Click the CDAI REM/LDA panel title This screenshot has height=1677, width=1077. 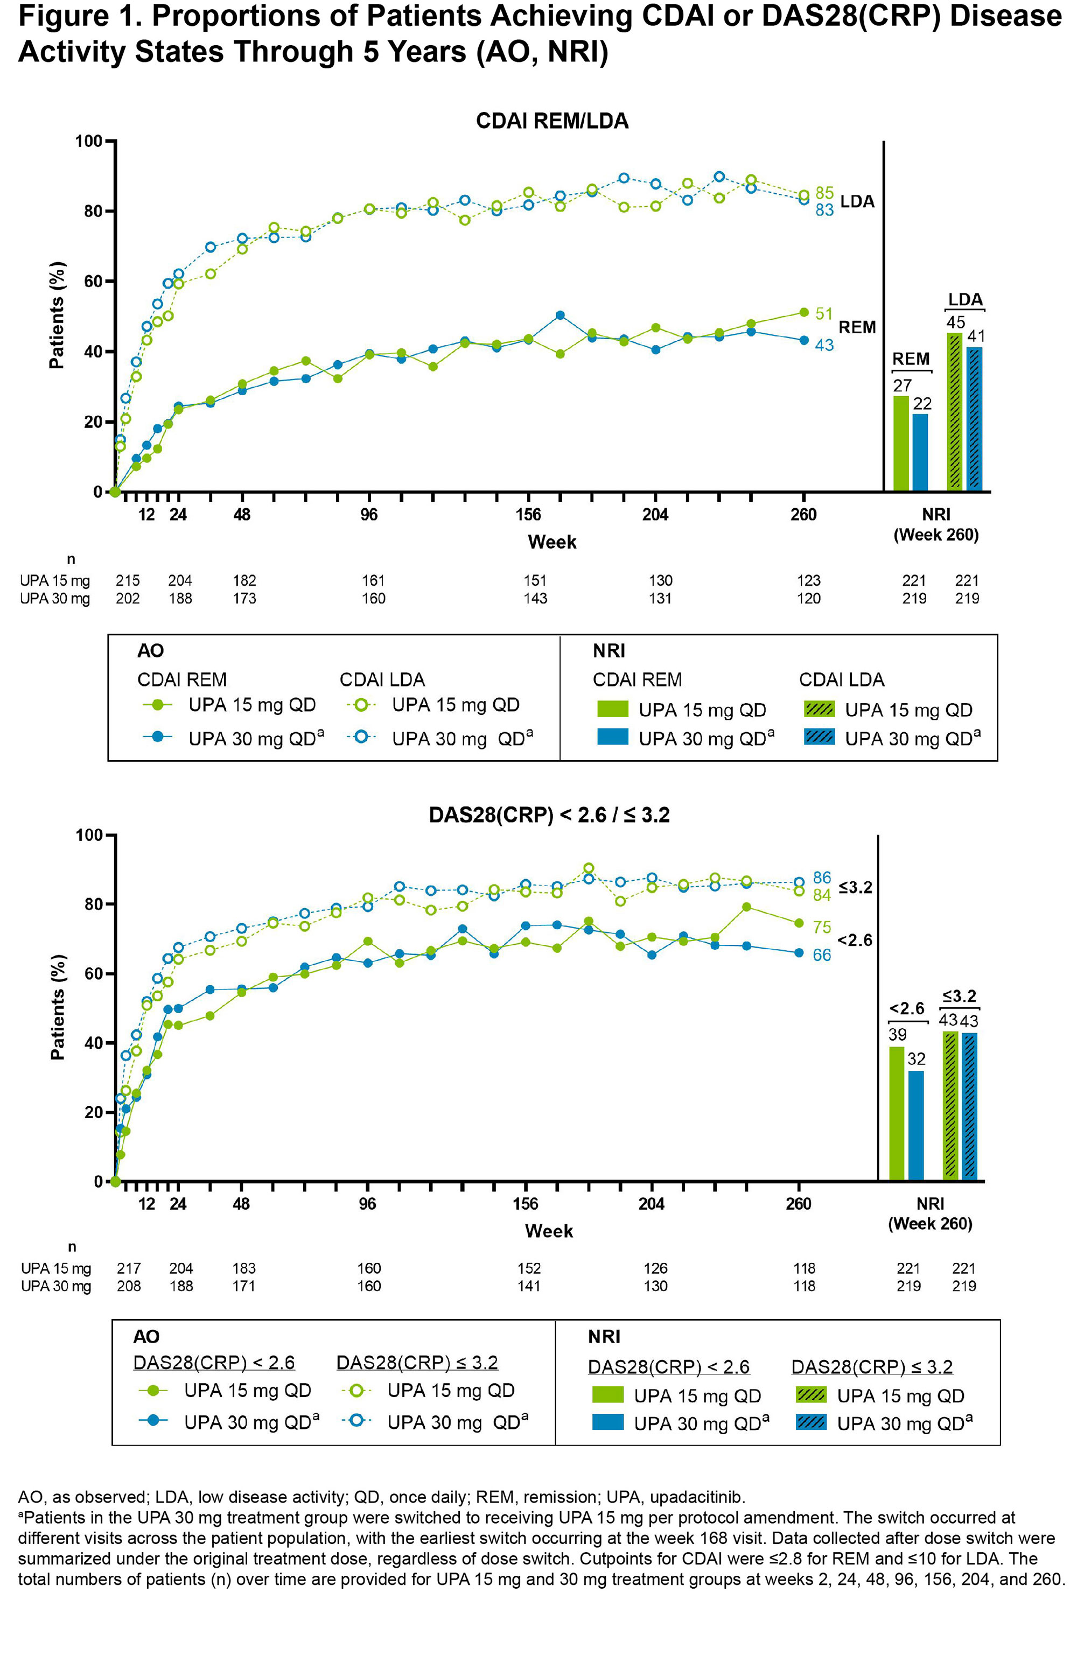tap(552, 121)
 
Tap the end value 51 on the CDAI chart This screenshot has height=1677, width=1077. tap(824, 314)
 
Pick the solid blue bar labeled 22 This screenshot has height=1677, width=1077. tap(920, 452)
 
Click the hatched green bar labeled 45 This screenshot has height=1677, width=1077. tap(955, 412)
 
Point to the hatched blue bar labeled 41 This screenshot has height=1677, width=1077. tap(974, 419)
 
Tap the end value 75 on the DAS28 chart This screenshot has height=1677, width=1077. tap(822, 927)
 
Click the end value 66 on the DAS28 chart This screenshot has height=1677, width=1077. tap(822, 955)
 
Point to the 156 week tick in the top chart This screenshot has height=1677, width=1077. tap(528, 515)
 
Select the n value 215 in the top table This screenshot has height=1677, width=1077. tap(127, 580)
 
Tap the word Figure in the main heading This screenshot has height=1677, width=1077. tap(71, 17)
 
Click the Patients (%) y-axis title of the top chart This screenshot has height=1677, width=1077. tap(57, 315)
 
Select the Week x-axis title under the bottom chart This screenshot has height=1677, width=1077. tap(549, 1231)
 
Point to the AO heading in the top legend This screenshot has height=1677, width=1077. tap(150, 651)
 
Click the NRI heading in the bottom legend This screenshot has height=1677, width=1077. tap(604, 1337)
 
